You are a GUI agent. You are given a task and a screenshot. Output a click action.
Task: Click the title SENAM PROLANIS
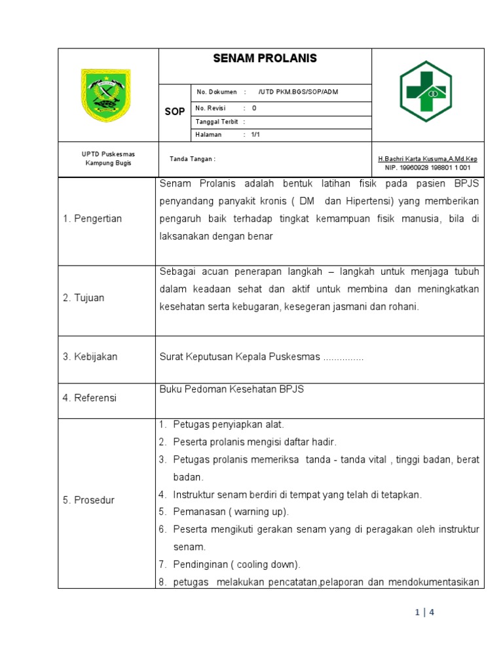[265, 59]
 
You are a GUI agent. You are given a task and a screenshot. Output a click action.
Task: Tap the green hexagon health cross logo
[426, 92]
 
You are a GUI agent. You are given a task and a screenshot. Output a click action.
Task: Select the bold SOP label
[174, 112]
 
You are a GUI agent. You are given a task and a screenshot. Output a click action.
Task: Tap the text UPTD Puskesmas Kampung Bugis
[108, 158]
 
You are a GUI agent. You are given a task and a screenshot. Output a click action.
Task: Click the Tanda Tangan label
[193, 159]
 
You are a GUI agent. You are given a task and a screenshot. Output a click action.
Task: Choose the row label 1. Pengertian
[92, 219]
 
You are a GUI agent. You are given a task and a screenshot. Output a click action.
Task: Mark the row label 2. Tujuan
[84, 298]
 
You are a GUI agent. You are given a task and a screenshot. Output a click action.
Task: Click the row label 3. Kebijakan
[90, 357]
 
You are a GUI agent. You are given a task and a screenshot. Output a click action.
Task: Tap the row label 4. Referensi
[90, 398]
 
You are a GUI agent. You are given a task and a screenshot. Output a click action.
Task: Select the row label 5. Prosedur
[89, 500]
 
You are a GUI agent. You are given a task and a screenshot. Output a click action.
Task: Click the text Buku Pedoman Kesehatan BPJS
[232, 389]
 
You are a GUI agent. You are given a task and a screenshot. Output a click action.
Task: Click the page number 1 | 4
[424, 613]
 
